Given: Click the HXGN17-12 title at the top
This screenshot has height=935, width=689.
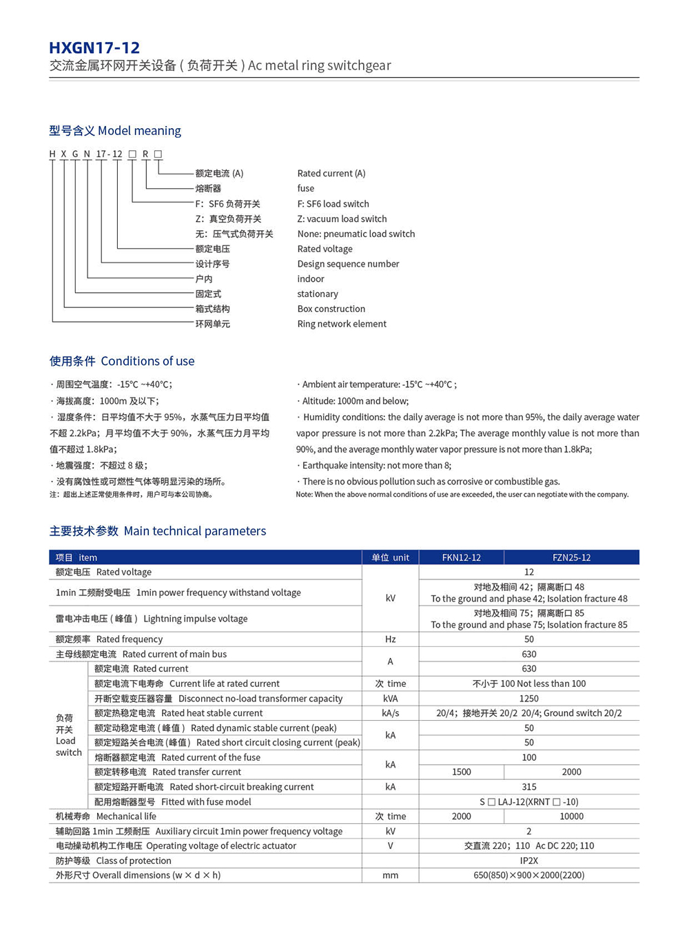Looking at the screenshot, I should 94,48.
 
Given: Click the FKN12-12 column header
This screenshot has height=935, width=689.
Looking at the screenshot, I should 461,557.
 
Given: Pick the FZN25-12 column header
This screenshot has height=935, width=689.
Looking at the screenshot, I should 571,557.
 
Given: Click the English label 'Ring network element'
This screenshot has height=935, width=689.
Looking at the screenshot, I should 342,324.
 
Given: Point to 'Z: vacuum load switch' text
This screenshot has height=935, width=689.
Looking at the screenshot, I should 342,219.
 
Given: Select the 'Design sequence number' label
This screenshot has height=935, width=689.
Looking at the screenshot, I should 348,264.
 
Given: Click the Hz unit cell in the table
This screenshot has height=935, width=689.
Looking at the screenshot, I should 390,639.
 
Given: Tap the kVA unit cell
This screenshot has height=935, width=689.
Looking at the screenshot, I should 390,699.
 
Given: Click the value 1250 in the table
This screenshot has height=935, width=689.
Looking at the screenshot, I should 528,699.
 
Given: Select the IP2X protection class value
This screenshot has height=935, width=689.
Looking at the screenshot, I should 528,861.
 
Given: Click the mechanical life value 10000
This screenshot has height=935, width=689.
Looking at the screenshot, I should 571,816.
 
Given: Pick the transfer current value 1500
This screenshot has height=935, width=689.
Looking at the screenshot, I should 461,772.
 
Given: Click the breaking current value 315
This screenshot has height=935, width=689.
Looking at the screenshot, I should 528,787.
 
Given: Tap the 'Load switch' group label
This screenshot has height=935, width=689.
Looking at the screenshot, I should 68,735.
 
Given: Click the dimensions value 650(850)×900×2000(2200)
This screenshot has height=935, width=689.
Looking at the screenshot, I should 528,876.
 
